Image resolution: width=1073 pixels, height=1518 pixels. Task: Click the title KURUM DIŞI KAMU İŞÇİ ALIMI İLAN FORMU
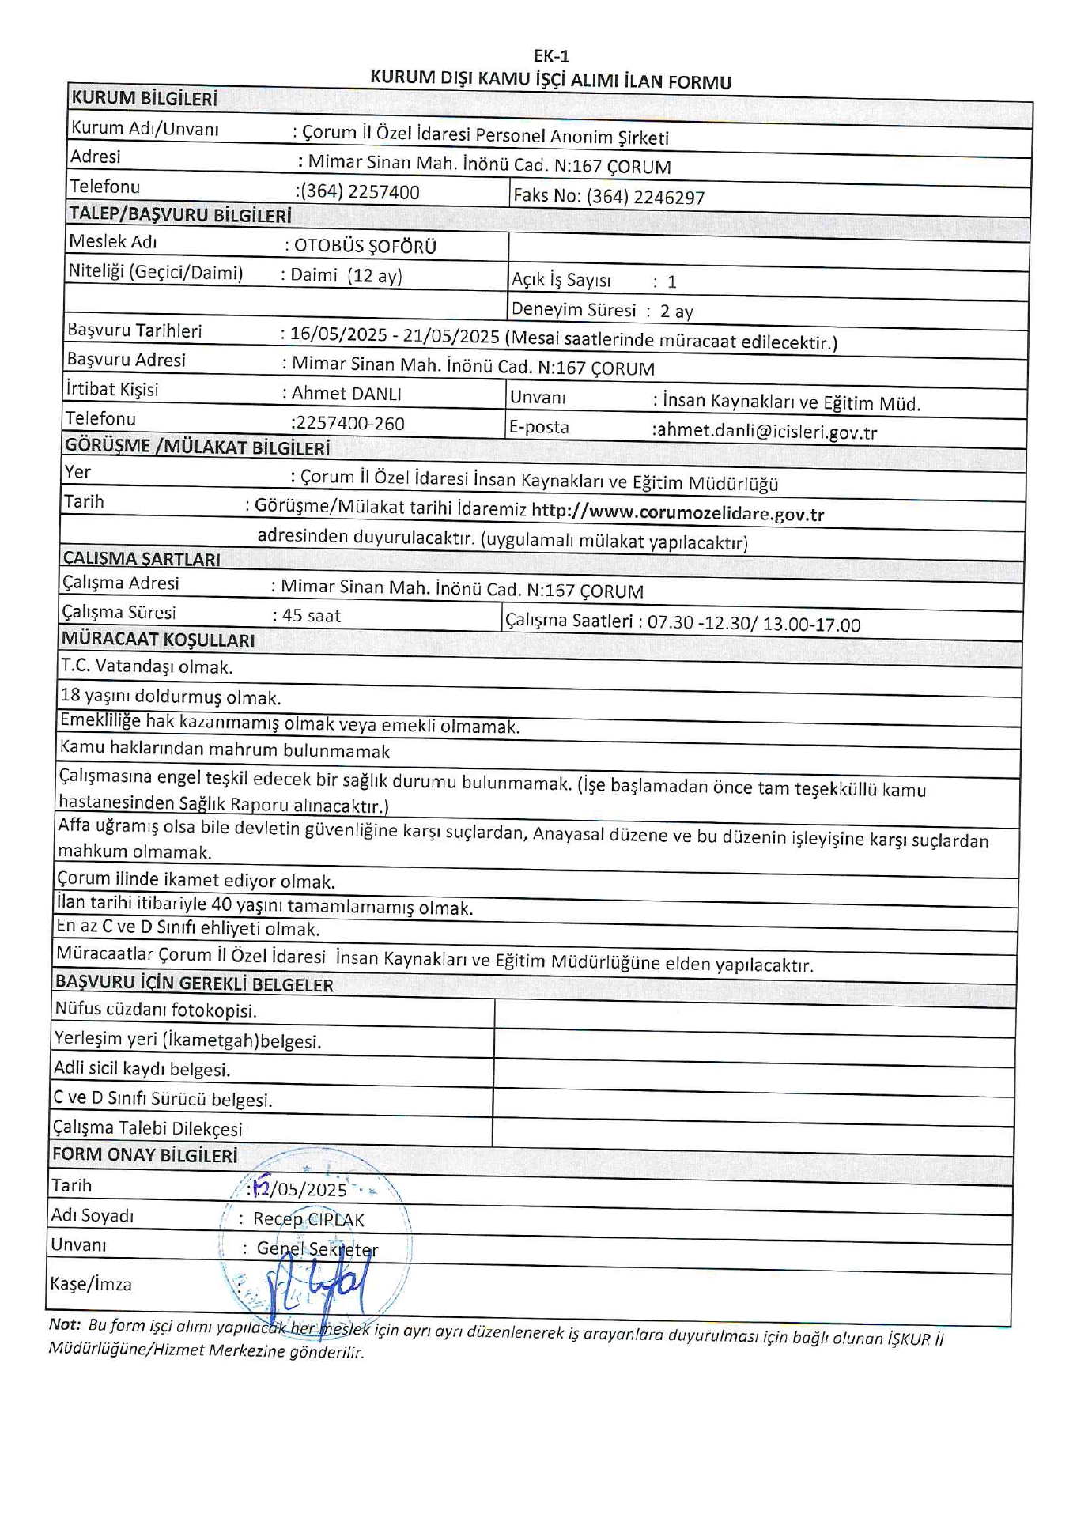(551, 80)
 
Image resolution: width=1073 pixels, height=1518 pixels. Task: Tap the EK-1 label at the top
(551, 56)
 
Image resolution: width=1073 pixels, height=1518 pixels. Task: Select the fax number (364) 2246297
(645, 197)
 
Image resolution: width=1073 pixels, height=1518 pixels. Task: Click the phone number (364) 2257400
(361, 192)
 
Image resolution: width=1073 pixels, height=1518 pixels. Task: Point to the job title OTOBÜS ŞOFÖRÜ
(365, 246)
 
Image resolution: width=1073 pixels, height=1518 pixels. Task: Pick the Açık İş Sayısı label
(561, 280)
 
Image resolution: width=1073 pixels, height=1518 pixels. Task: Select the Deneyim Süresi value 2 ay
(677, 311)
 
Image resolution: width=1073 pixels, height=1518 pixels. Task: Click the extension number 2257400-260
(349, 423)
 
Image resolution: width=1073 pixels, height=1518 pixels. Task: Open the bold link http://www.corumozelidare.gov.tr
(678, 513)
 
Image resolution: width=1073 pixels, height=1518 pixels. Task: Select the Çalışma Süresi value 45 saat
(312, 615)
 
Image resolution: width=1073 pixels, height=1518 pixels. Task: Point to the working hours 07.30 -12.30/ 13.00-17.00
(754, 624)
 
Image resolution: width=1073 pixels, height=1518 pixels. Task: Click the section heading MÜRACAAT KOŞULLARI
(158, 639)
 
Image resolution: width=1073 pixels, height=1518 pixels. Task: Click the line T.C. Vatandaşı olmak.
(147, 666)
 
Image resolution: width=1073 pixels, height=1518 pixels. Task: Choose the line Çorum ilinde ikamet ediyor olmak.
(196, 880)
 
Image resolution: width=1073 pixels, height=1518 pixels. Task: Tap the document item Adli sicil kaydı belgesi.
(142, 1069)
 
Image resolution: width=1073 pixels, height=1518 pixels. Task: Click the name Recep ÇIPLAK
(308, 1219)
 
